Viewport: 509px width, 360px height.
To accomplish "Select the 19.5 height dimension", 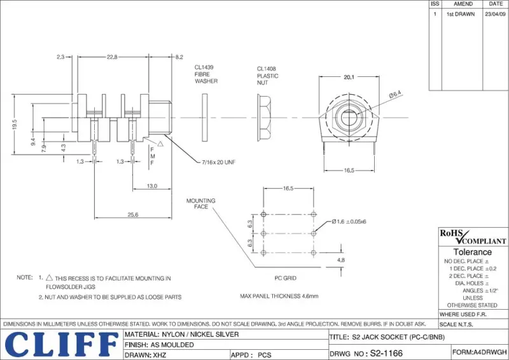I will tap(14, 124).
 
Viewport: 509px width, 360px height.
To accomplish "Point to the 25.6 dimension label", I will tap(132, 215).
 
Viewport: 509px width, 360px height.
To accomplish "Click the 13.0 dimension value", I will tap(152, 186).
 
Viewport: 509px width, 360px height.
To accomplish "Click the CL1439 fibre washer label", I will tap(206, 74).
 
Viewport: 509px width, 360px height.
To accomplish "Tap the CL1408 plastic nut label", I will tap(267, 76).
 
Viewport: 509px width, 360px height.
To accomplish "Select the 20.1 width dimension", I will tap(349, 78).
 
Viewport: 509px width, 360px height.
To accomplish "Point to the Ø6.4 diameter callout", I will tap(395, 95).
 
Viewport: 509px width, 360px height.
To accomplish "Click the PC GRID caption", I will tap(285, 278).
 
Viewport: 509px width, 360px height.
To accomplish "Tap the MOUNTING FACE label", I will tap(200, 204).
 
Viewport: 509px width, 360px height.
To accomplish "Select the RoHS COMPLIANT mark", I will tap(473, 237).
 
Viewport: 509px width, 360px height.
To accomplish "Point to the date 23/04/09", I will tap(495, 13).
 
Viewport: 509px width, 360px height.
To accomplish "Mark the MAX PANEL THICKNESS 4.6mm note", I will tap(279, 296).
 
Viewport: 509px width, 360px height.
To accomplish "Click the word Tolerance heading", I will tap(472, 252).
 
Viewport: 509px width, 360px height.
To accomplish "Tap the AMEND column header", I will tap(463, 4).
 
